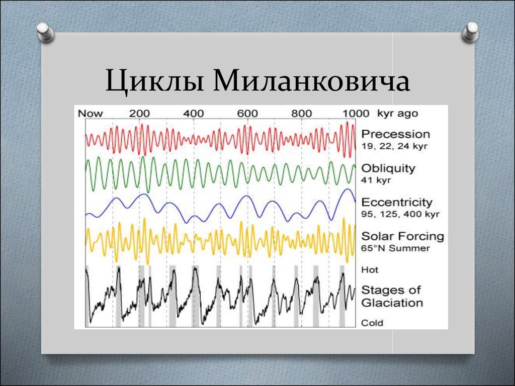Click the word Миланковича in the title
pyautogui.click(x=311, y=80)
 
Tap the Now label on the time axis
pyautogui.click(x=91, y=114)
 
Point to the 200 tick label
pyautogui.click(x=139, y=114)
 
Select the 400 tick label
pyautogui.click(x=194, y=114)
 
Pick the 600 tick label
pyautogui.click(x=247, y=114)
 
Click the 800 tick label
pyautogui.click(x=302, y=114)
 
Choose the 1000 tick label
pyautogui.click(x=356, y=114)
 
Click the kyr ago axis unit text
pyautogui.click(x=397, y=114)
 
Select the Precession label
pyautogui.click(x=395, y=134)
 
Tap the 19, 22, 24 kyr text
pyautogui.click(x=394, y=146)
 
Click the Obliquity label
pyautogui.click(x=388, y=168)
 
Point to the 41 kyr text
pyautogui.click(x=376, y=180)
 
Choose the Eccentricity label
pyautogui.click(x=397, y=202)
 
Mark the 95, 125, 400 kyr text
pyautogui.click(x=400, y=214)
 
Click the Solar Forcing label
pyautogui.click(x=403, y=236)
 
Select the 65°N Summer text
pyautogui.click(x=395, y=248)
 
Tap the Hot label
pyautogui.click(x=370, y=270)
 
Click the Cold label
pyautogui.click(x=372, y=323)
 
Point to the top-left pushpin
pyautogui.click(x=45, y=32)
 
